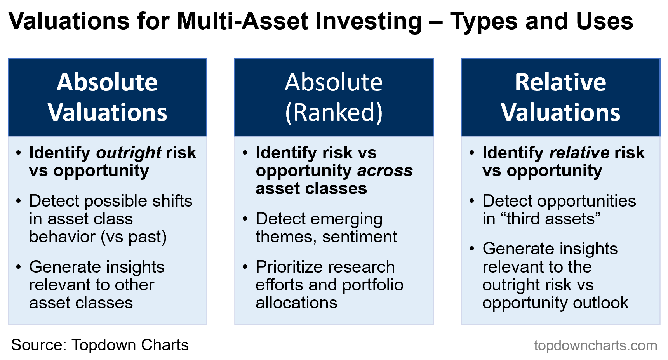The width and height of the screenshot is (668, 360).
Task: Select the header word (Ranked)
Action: pyautogui.click(x=334, y=113)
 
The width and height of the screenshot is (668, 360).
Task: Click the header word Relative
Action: pyautogui.click(x=560, y=82)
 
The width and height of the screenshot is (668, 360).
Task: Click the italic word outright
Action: pyautogui.click(x=129, y=153)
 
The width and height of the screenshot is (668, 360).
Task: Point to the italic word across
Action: pyautogui.click(x=385, y=171)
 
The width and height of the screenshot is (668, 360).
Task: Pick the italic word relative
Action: pyautogui.click(x=579, y=153)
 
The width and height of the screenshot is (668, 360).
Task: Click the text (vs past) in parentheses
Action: pyautogui.click(x=134, y=237)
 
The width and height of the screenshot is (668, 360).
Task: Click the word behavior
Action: pyautogui.click(x=62, y=237)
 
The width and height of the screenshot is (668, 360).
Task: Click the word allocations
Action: pyautogui.click(x=296, y=303)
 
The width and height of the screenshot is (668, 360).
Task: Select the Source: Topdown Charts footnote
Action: pyautogui.click(x=100, y=345)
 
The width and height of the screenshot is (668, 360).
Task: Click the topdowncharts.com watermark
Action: pyautogui.click(x=595, y=345)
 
